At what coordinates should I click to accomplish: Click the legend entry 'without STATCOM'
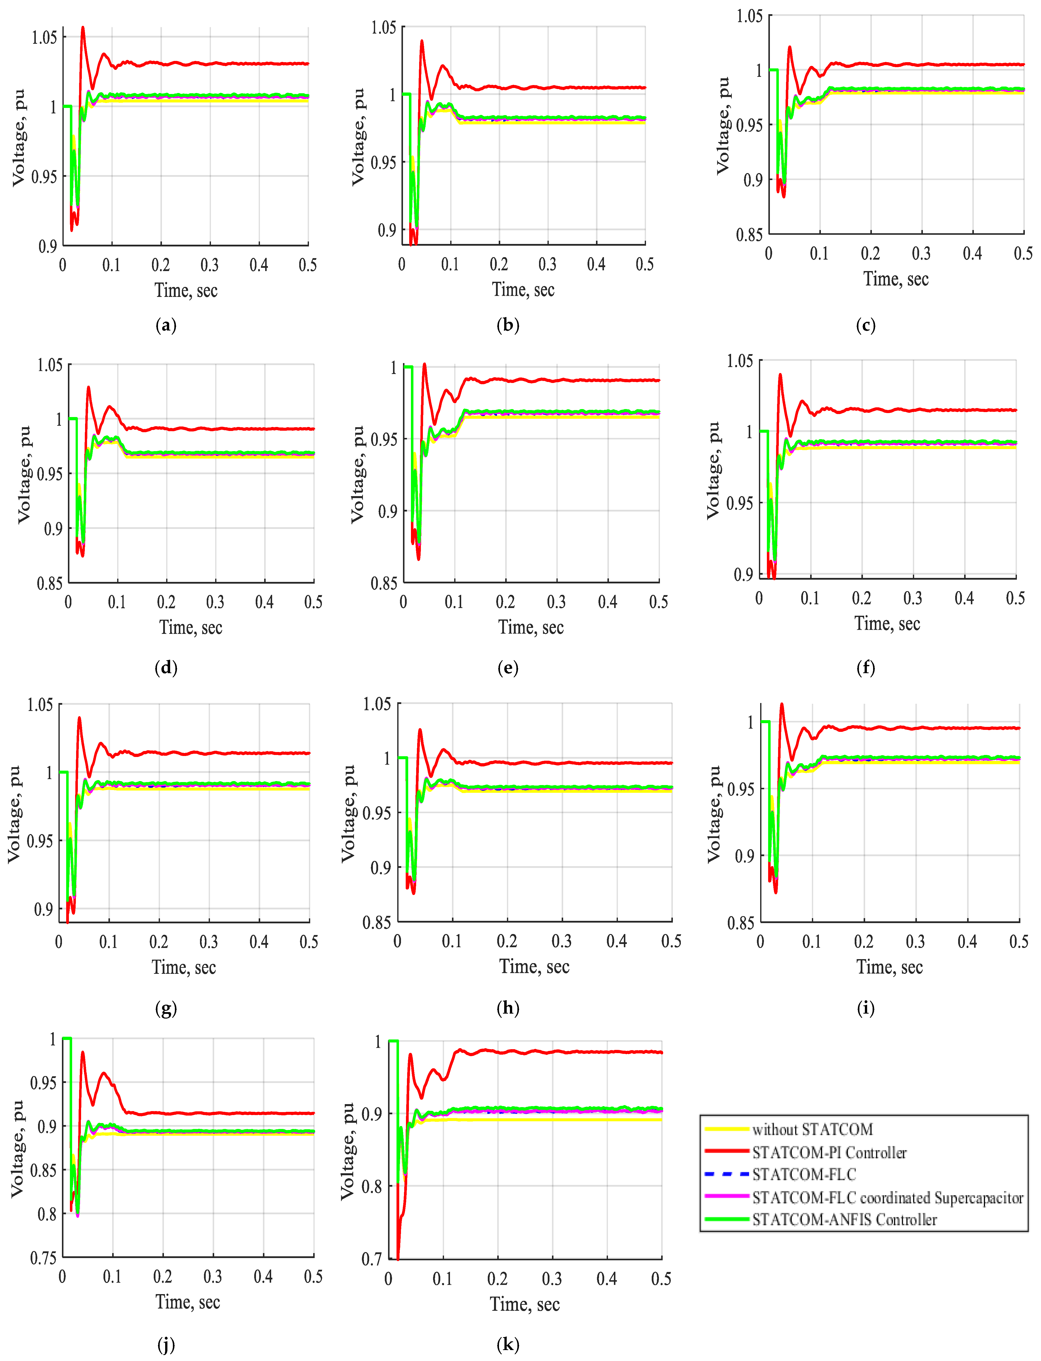click(812, 1129)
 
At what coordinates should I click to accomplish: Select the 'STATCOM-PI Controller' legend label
click(829, 1152)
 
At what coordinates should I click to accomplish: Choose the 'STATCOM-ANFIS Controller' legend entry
click(844, 1220)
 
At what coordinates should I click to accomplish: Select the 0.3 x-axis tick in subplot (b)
click(547, 265)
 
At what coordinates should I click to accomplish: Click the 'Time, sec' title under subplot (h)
click(534, 966)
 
